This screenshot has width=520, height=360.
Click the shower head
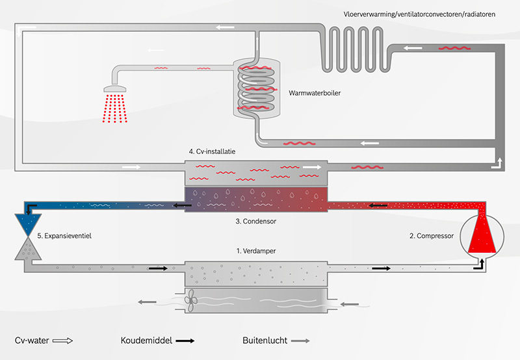click(115, 89)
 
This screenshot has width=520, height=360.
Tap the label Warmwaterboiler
click(315, 93)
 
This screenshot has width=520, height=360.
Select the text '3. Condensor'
click(255, 221)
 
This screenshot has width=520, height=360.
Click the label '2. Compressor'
click(432, 236)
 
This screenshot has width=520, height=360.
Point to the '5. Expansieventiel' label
click(64, 236)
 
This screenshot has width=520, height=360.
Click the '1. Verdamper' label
click(255, 251)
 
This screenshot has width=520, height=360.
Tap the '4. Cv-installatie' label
click(212, 151)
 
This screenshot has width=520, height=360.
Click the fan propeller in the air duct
click(191, 300)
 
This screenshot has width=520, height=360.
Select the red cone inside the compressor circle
click(482, 232)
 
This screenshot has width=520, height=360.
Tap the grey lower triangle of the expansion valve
click(28, 250)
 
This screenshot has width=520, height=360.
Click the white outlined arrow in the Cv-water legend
click(62, 341)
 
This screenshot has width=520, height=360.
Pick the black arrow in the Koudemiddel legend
click(185, 341)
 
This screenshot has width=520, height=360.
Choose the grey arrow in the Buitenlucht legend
click(300, 341)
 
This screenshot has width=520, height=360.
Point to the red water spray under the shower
click(115, 109)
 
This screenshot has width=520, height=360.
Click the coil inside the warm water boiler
click(256, 88)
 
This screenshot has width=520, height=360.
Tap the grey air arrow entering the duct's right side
click(350, 304)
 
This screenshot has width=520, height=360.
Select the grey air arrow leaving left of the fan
click(147, 302)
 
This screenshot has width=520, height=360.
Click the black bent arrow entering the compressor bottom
click(480, 265)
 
